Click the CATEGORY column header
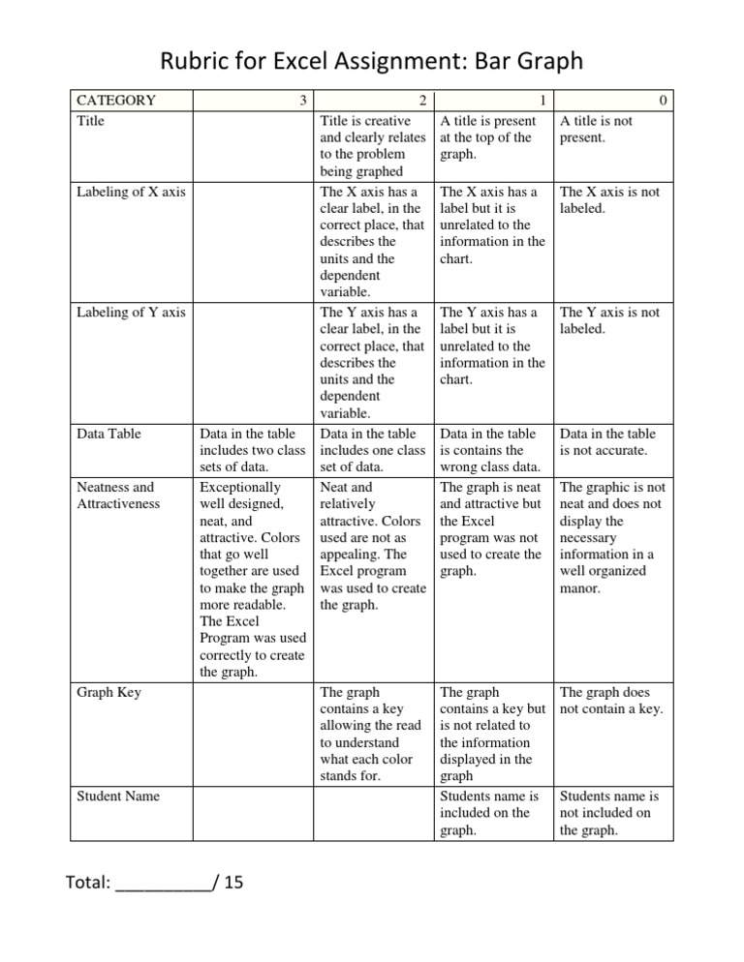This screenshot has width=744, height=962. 116,100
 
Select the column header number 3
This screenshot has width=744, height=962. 303,100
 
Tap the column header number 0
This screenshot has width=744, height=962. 663,100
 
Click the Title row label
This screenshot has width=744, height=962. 91,121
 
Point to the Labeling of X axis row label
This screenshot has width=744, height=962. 131,192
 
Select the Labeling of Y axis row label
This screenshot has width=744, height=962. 131,313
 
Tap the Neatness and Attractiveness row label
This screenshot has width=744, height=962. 115,496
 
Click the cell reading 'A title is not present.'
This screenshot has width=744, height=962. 608,130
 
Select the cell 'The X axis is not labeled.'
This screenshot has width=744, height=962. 608,200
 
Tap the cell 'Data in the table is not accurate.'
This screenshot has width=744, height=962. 608,442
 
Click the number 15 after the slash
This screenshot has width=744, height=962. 233,884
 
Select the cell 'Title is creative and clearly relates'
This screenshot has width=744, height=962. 372,146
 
